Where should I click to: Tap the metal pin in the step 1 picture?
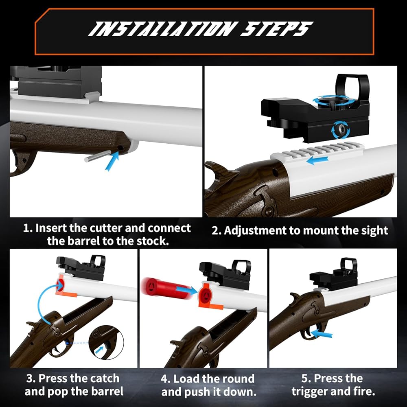(98, 156)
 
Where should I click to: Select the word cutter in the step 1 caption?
(107, 228)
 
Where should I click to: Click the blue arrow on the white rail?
(317, 160)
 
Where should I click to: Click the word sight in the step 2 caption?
(374, 230)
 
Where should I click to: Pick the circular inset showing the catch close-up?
(106, 342)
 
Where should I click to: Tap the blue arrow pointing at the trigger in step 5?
(322, 334)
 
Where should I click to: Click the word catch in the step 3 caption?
(103, 379)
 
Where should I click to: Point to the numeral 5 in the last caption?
(304, 379)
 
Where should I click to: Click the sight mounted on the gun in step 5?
(334, 274)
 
